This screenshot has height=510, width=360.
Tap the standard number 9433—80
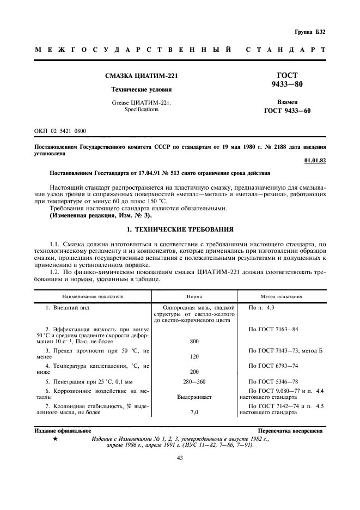click(x=287, y=84)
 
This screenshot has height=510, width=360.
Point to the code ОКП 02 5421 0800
click(x=59, y=131)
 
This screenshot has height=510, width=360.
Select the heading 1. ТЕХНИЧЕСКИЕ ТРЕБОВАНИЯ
click(x=179, y=229)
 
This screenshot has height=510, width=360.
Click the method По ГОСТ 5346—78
click(x=273, y=381)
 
